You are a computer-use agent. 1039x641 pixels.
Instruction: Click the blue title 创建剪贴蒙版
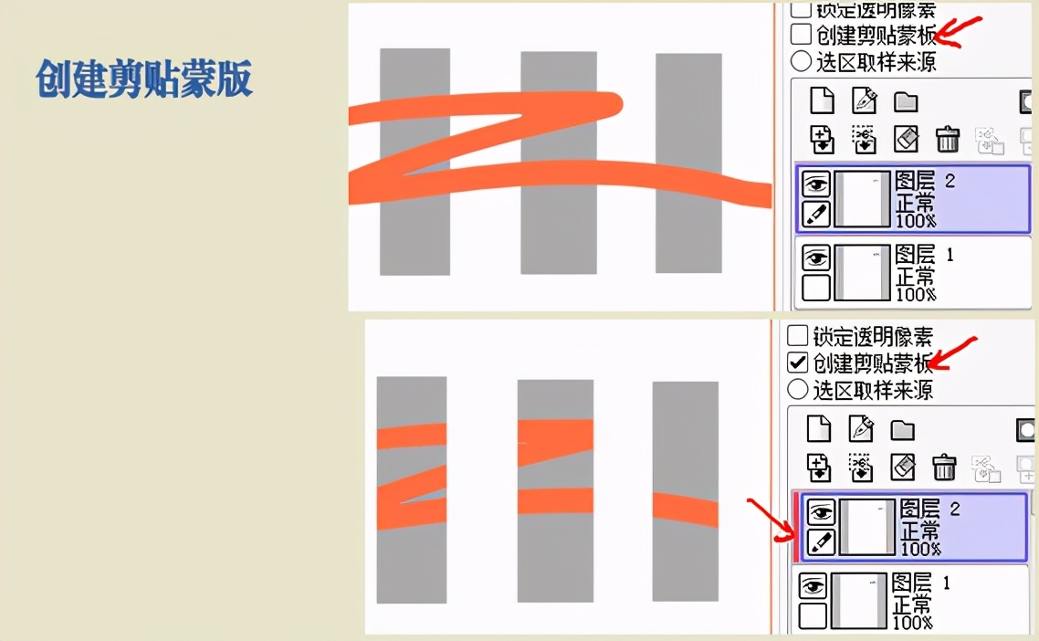143,79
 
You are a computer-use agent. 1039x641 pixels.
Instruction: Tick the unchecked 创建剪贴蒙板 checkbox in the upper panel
801,34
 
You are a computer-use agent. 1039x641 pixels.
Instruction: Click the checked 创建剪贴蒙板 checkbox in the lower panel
798,362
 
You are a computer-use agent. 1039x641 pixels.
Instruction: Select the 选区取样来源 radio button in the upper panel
801,61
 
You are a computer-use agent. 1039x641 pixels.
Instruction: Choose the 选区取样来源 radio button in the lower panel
798,389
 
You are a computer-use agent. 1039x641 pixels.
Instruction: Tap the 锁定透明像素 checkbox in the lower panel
798,335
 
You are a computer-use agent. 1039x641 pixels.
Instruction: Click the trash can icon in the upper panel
948,139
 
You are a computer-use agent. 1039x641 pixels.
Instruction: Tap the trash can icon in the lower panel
944,468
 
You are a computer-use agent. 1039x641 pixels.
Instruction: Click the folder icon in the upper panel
906,102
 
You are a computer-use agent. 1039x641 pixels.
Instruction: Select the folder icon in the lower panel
902,430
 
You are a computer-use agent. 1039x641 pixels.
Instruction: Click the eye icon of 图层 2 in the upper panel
816,184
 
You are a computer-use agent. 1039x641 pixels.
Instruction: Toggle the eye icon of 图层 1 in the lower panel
813,586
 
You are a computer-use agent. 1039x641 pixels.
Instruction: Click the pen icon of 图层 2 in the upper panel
816,214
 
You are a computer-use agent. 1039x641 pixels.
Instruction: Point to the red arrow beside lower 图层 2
772,520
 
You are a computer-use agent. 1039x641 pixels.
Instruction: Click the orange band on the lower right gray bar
685,510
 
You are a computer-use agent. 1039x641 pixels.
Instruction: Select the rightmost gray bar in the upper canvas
688,163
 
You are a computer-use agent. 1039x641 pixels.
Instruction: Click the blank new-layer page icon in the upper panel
823,100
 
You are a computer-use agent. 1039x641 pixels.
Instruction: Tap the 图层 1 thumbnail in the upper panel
861,272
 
